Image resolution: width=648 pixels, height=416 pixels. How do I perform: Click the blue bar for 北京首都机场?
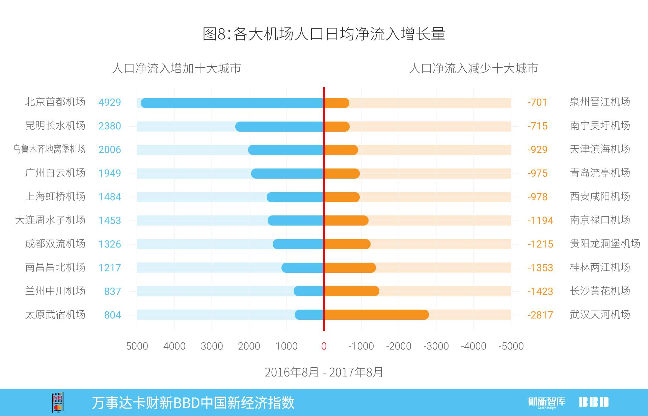232,103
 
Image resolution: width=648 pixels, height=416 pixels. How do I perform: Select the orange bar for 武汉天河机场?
376,315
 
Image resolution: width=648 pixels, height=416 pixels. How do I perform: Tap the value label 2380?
109,126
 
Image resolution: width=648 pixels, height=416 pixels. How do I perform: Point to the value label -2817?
540,315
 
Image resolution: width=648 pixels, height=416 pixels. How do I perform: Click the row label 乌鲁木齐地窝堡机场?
49,149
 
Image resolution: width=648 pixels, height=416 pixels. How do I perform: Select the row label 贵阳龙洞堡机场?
605,243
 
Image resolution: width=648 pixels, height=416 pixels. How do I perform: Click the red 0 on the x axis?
324,346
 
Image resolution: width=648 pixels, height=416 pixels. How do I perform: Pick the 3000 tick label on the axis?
212,346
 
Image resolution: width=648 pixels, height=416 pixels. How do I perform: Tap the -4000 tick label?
474,346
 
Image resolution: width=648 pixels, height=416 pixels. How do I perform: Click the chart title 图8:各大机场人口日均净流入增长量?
324,34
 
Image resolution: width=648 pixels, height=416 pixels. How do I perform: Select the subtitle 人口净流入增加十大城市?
176,69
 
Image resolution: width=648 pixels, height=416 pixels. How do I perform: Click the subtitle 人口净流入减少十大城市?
473,69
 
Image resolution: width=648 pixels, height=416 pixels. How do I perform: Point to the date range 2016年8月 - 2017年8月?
324,372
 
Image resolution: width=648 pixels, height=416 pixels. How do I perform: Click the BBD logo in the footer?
594,402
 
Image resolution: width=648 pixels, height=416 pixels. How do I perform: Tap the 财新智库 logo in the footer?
547,402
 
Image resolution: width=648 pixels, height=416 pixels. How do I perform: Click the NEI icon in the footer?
58,402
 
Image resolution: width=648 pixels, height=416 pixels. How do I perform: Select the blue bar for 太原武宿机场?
309,315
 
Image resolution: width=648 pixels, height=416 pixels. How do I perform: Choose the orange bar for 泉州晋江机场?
336,103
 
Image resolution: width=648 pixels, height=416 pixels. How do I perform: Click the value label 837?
112,291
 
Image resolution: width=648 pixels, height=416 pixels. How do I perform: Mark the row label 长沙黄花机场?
600,291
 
